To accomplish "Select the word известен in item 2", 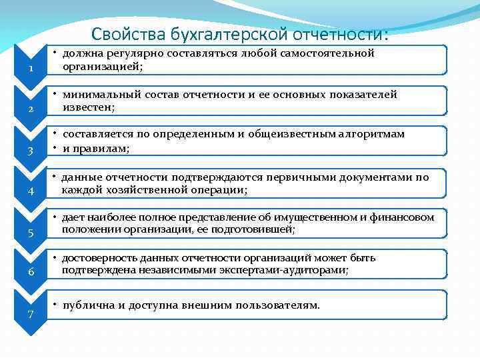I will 87,107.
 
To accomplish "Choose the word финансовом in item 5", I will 401,217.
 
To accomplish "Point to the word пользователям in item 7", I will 281,305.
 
